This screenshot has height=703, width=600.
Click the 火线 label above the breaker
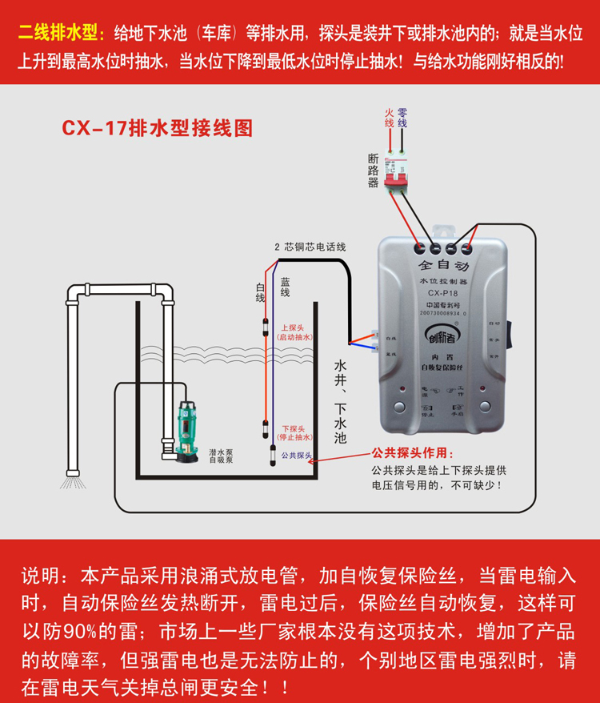pos(390,118)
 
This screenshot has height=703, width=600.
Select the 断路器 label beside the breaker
pos(373,170)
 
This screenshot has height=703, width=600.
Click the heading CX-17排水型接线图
pos(157,128)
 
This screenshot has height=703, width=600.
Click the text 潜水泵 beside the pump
pos(221,452)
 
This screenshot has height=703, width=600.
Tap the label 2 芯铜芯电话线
pos(310,247)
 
